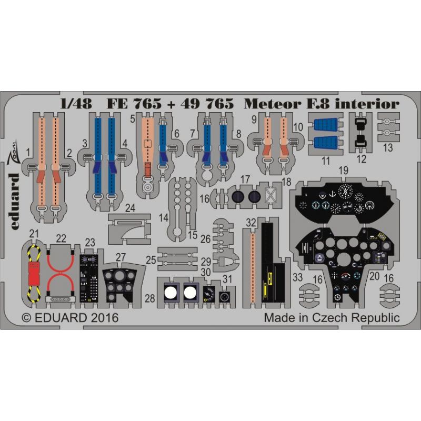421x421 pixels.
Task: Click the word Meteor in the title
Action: pos(273,104)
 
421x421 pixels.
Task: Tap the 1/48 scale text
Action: pos(76,104)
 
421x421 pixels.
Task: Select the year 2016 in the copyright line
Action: pos(104,318)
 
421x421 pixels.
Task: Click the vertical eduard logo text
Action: pos(15,202)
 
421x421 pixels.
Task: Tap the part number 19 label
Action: pos(344,170)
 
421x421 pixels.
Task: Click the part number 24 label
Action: pos(130,208)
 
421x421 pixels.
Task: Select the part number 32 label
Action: pos(252,223)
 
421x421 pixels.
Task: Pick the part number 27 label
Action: pos(121,257)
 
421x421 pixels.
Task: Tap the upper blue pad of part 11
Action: pos(326,125)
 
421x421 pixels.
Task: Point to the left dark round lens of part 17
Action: pos(238,197)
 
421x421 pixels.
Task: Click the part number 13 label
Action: pos(388,147)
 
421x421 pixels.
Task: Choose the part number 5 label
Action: pos(133,118)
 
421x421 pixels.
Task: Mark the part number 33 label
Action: pos(297,277)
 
